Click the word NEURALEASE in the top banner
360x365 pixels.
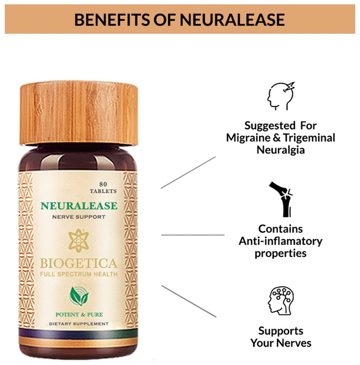tap(232, 20)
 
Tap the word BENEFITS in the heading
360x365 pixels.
tap(112, 20)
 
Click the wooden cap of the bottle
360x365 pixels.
tap(79, 113)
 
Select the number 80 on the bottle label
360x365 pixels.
tap(103, 185)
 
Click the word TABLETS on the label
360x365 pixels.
tap(103, 191)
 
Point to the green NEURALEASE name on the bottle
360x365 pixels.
tap(79, 206)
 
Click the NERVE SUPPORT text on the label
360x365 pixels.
tap(79, 217)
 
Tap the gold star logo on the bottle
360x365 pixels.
tap(79, 240)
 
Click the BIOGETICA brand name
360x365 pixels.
tap(79, 263)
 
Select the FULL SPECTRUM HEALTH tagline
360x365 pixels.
tap(79, 274)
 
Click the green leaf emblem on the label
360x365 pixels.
tap(79, 296)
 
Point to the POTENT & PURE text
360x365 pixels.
tap(79, 315)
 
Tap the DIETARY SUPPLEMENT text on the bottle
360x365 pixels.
tap(79, 324)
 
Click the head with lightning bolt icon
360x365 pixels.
tap(281, 96)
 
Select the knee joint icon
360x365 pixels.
tap(281, 200)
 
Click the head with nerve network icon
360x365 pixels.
tap(281, 301)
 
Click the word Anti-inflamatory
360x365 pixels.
tap(281, 241)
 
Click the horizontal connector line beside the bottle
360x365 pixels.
tap(193, 235)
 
